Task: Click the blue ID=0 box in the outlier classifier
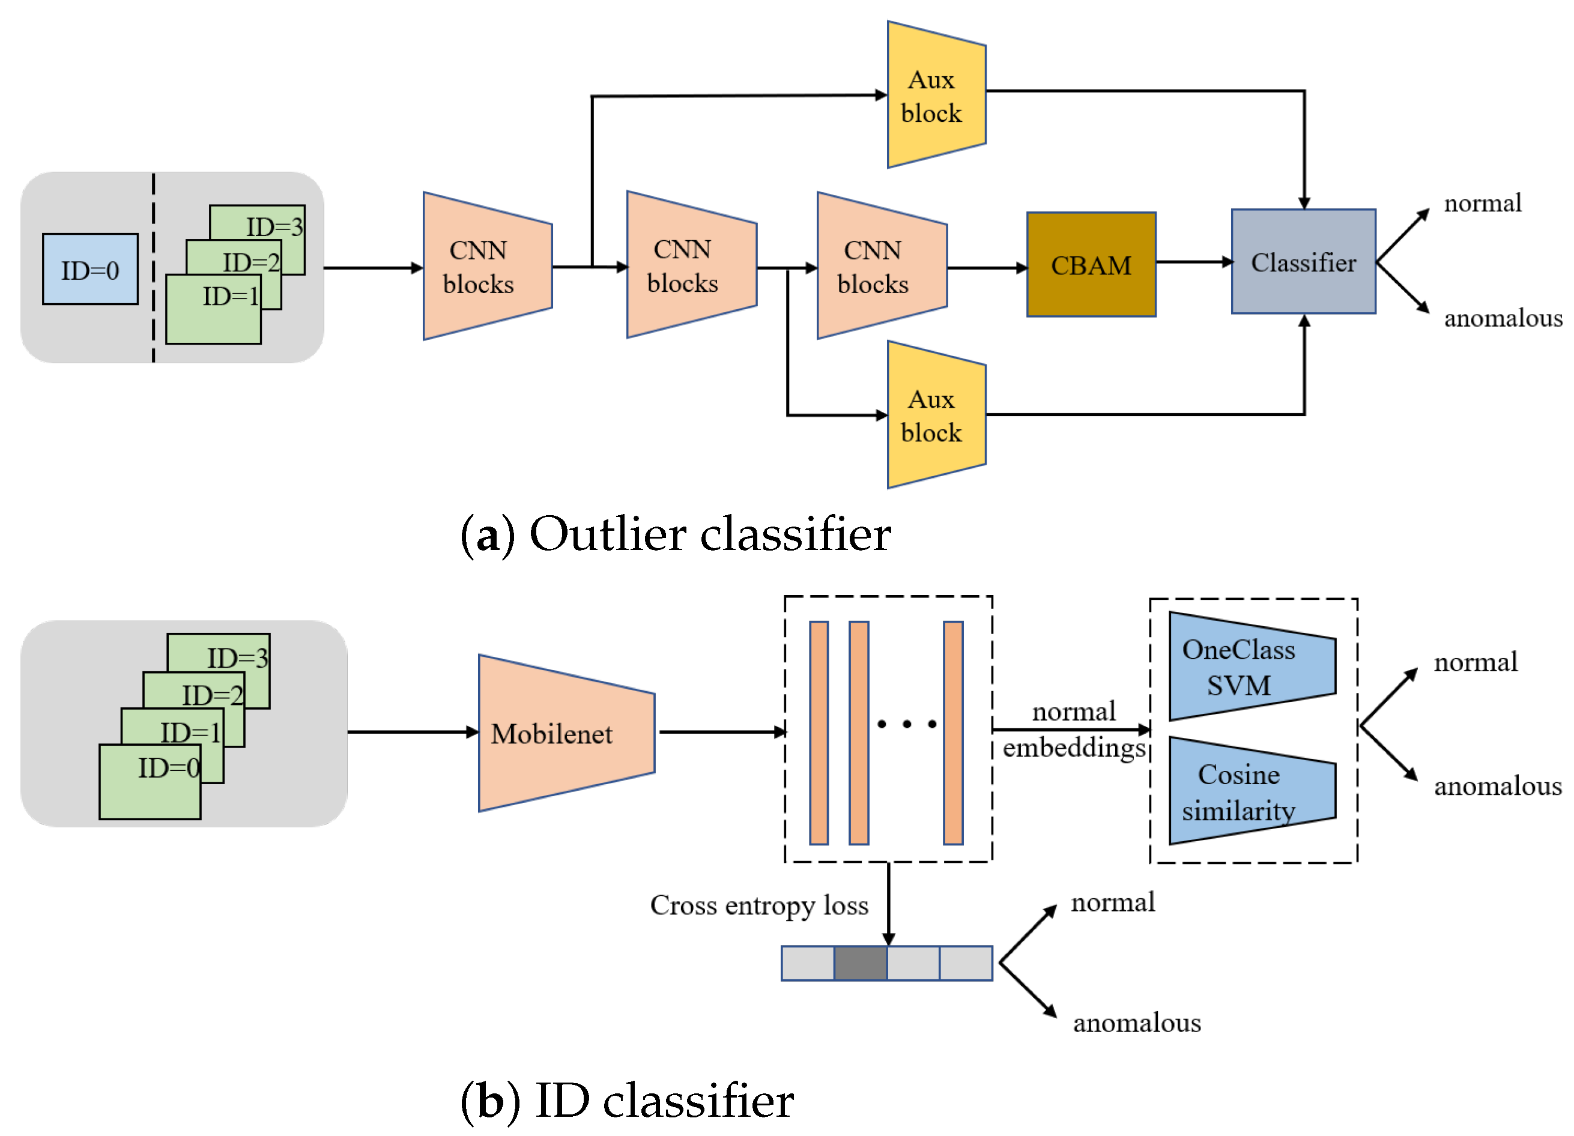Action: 90,269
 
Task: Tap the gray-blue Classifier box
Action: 1303,262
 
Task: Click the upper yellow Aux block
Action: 936,95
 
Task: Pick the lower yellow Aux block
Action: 936,415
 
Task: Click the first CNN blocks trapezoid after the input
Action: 486,267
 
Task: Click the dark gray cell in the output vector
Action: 860,963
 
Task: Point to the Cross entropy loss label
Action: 759,905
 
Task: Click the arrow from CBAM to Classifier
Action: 1194,262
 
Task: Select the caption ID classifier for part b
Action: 664,1101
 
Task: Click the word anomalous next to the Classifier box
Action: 1503,318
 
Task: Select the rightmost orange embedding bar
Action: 953,733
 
